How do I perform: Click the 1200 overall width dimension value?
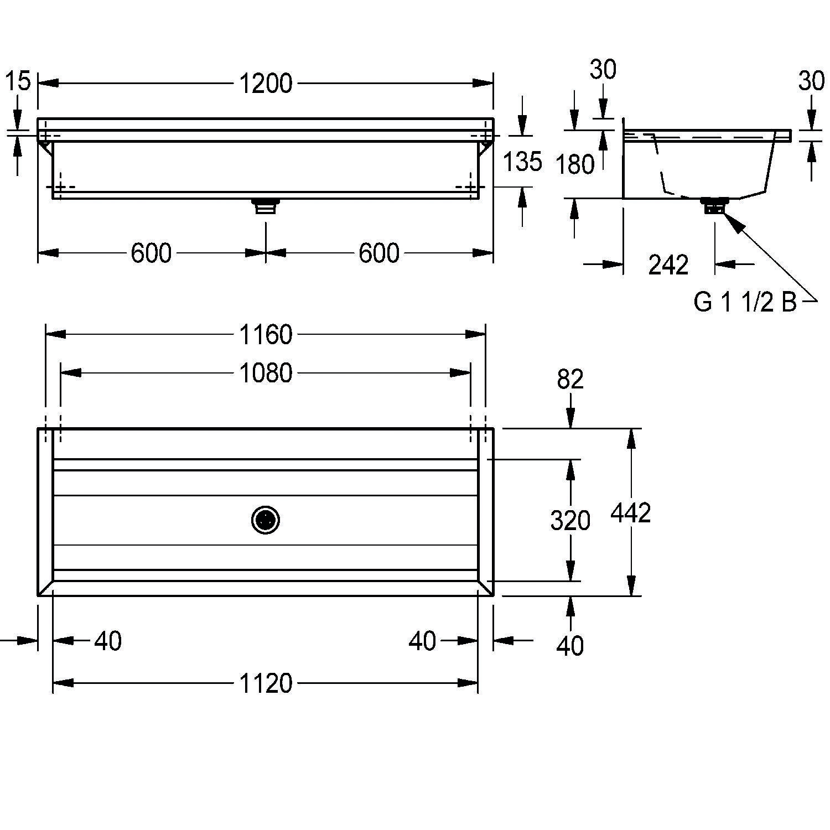(x=266, y=84)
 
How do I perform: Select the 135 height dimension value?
(x=522, y=162)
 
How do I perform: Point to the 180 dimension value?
(x=575, y=164)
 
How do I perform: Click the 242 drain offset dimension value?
(x=668, y=265)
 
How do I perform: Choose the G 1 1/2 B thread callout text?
(x=745, y=302)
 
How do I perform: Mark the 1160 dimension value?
(x=266, y=335)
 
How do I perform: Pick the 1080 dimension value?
(x=266, y=373)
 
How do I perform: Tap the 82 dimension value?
(x=570, y=380)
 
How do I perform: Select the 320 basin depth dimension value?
(x=570, y=521)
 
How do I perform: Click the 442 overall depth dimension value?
(x=631, y=513)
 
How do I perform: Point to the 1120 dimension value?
(x=266, y=683)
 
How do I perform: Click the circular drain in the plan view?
(x=266, y=520)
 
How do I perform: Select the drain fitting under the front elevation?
(x=266, y=206)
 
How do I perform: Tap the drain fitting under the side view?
(x=714, y=205)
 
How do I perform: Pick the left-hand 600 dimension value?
(x=151, y=253)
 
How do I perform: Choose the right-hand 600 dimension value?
(x=379, y=253)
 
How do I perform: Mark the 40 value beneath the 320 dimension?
(x=570, y=646)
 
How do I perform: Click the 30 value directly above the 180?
(x=603, y=70)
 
